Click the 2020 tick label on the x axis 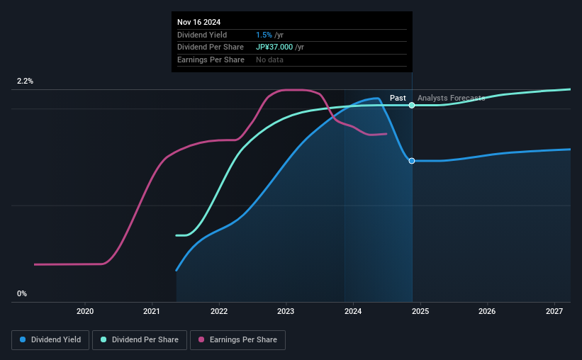click(x=85, y=311)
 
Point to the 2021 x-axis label click(x=152, y=311)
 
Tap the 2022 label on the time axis click(x=219, y=311)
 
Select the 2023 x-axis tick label click(x=286, y=311)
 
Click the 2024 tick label click(x=353, y=311)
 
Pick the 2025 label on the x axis click(x=420, y=311)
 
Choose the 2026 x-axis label click(x=487, y=311)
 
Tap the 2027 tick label click(x=554, y=311)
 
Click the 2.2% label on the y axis click(x=25, y=81)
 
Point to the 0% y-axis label click(x=22, y=293)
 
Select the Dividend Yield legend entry click(x=50, y=340)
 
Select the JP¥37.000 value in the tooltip click(x=280, y=47)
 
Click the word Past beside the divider click(x=398, y=98)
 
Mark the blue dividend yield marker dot click(x=412, y=161)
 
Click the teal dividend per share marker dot click(x=412, y=105)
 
